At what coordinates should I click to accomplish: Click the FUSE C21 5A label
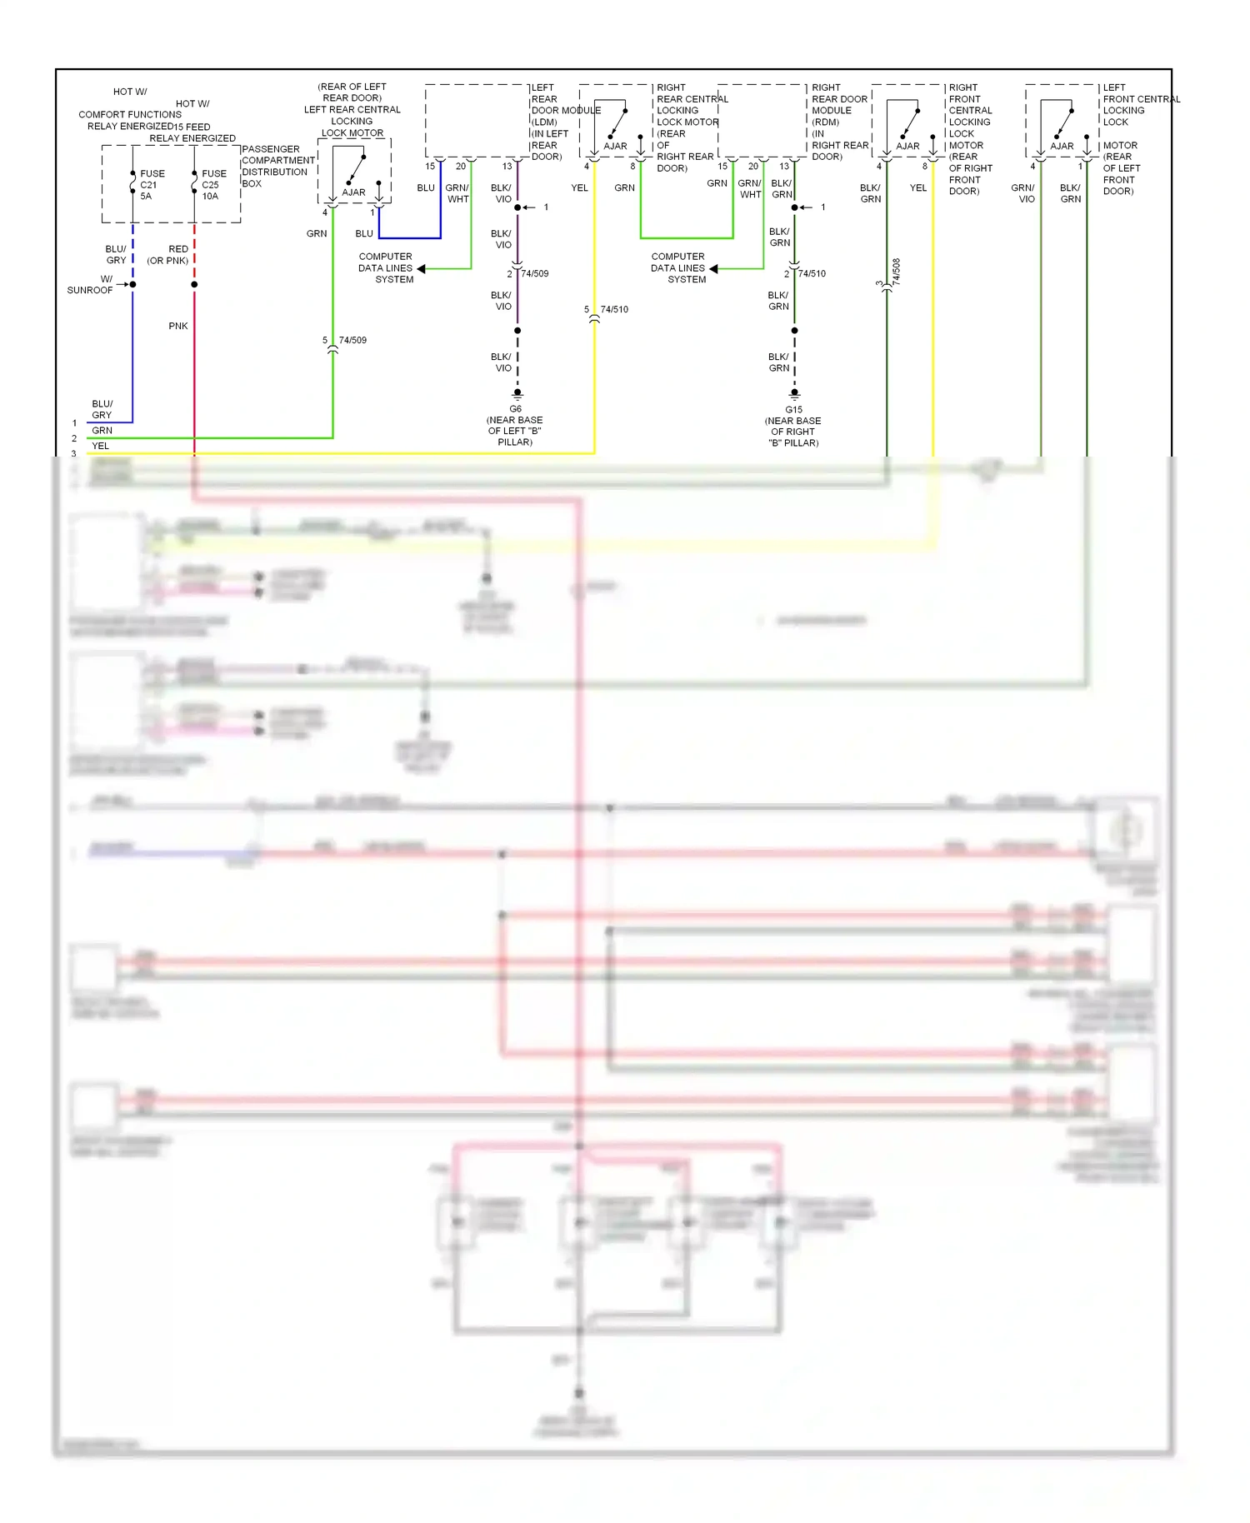click(151, 185)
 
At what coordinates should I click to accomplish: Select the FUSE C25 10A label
click(212, 185)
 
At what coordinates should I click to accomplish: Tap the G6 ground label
click(516, 409)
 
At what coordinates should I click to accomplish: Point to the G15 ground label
click(793, 410)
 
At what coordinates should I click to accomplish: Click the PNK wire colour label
click(178, 326)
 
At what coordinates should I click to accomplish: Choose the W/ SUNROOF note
click(91, 285)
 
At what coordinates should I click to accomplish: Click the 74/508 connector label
click(897, 272)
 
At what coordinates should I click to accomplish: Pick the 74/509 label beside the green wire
click(352, 340)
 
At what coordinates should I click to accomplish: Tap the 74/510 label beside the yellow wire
click(614, 309)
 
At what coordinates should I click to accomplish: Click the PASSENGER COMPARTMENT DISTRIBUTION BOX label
click(277, 167)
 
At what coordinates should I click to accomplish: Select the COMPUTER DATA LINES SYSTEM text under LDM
click(386, 268)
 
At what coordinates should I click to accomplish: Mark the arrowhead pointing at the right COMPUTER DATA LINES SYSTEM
click(713, 268)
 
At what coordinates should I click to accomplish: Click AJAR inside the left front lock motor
click(1062, 146)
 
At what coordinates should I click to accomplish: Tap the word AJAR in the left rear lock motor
click(353, 192)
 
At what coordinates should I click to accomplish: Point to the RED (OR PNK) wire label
click(169, 255)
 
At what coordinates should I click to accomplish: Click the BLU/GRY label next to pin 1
click(102, 409)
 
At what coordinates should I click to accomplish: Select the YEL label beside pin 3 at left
click(100, 446)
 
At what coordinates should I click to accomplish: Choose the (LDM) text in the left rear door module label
click(544, 122)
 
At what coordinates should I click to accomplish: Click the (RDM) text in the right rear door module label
click(825, 122)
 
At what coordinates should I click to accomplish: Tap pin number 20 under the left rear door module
click(461, 167)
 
